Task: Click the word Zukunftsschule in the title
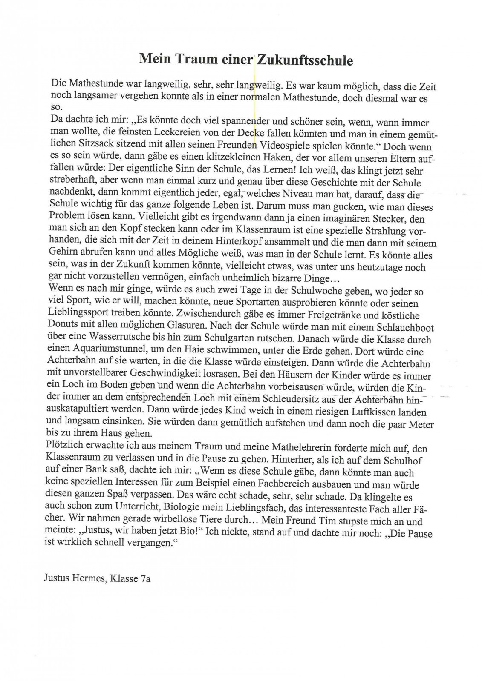click(x=304, y=60)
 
